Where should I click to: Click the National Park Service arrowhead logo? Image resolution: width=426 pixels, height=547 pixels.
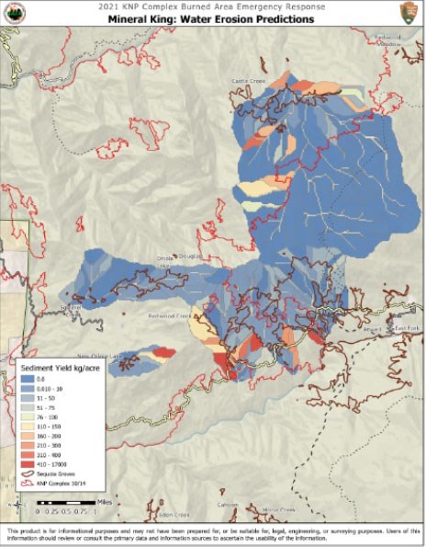[x=410, y=14]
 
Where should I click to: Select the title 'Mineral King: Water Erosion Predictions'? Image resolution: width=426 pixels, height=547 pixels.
[x=213, y=18]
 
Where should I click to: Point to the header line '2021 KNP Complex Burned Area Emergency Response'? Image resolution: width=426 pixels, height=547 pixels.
[x=213, y=6]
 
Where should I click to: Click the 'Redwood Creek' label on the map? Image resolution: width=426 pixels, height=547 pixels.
[x=170, y=315]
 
